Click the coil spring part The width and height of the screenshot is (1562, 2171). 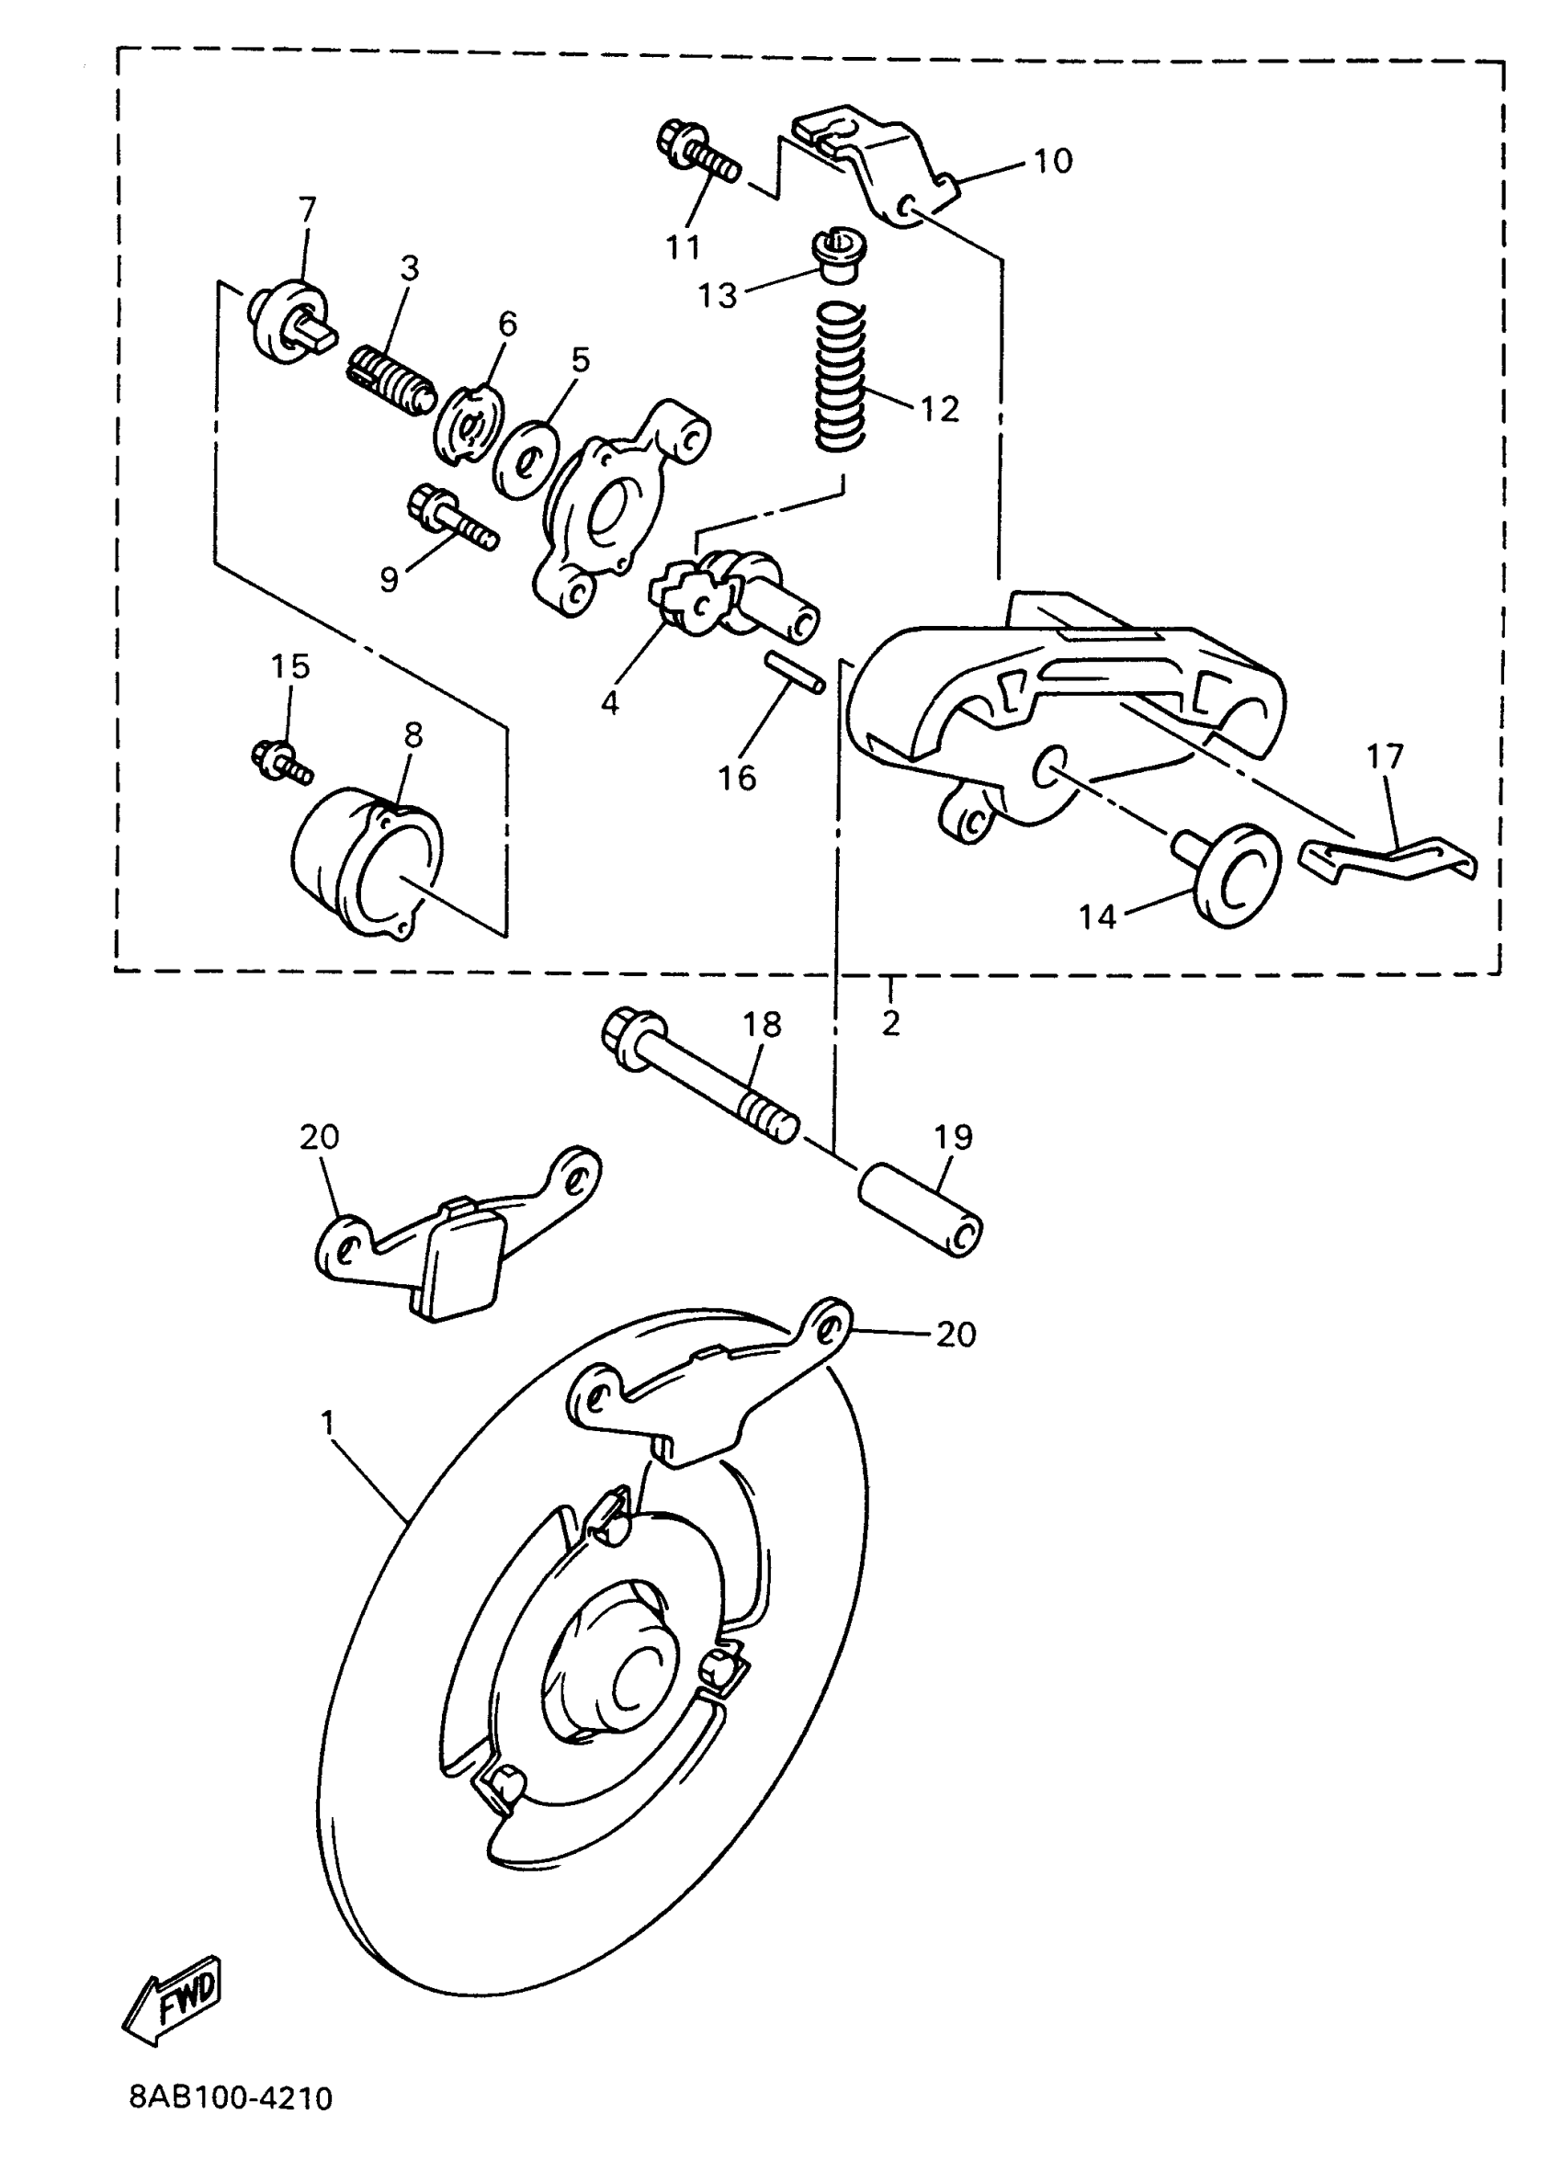(841, 375)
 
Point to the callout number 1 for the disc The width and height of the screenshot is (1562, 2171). (327, 1424)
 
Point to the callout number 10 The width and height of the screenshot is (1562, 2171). (1053, 162)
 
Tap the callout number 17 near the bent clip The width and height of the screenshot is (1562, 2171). (1384, 756)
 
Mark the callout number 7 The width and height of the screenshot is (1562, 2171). (306, 210)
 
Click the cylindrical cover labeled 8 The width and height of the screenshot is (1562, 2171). (367, 861)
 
